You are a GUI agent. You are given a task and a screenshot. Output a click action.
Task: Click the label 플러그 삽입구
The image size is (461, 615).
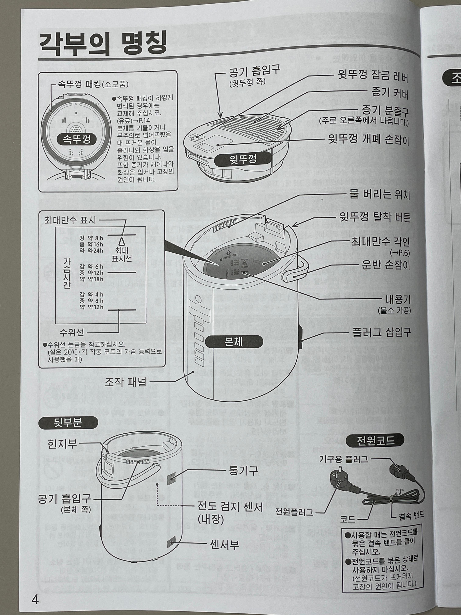381,332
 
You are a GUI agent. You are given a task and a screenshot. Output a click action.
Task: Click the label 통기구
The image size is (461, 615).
243,470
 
